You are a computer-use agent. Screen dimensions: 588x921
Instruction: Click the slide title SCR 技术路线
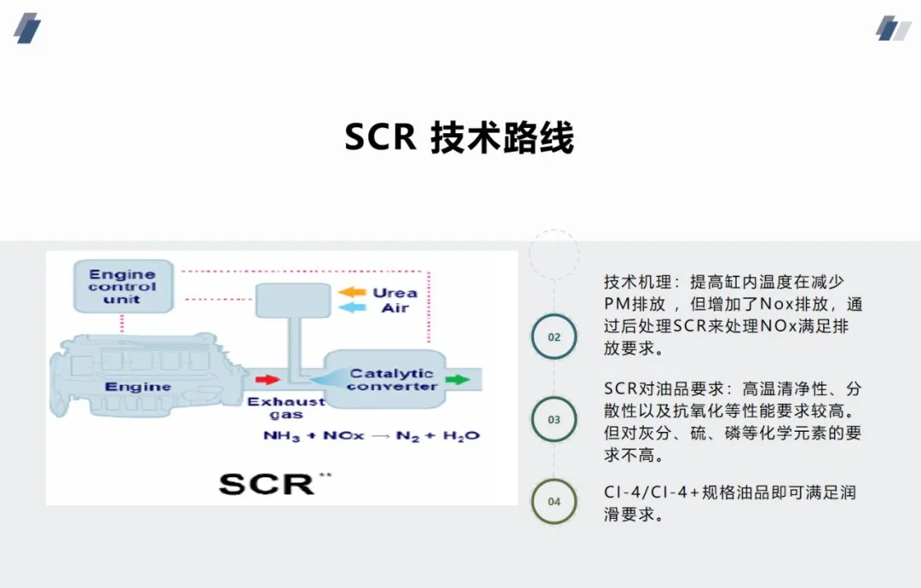[x=459, y=137]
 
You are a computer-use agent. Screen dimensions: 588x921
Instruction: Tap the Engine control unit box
[x=122, y=287]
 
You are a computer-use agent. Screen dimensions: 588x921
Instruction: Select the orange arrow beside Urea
[x=351, y=292]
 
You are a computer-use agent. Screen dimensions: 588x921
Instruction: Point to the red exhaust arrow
[x=267, y=378]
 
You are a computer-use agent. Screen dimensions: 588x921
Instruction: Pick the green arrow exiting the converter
[x=457, y=379]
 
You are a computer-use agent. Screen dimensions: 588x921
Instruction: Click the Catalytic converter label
[x=391, y=380]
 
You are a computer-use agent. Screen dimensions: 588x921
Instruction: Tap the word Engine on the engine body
[x=138, y=387]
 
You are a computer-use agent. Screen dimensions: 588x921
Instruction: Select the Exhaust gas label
[x=286, y=407]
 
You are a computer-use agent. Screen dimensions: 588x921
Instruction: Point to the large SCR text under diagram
[x=266, y=484]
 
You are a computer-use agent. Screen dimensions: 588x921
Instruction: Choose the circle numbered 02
[x=554, y=336]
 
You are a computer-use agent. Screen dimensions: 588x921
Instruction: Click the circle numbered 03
[x=554, y=419]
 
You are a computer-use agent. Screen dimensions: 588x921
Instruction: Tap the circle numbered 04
[x=554, y=501]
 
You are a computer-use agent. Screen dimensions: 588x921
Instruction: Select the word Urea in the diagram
[x=394, y=293]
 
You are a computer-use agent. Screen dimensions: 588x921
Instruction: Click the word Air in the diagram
[x=394, y=308]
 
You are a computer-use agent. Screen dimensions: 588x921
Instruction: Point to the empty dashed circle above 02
[x=554, y=254]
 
